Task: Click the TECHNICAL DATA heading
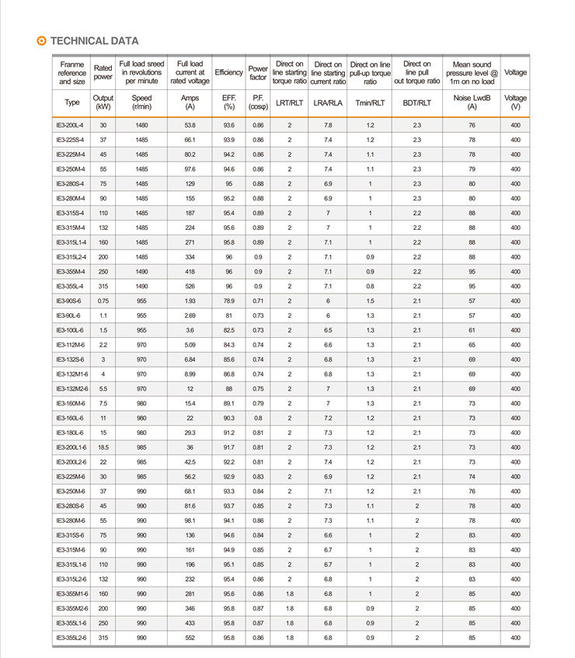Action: click(94, 41)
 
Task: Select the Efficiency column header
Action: click(228, 72)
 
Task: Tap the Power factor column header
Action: click(258, 72)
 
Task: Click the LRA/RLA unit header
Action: click(328, 103)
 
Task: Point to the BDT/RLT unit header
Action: click(416, 103)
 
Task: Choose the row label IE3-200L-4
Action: click(71, 125)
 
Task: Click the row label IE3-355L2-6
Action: click(72, 638)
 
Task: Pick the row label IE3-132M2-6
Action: click(72, 388)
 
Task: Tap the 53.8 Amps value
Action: click(190, 125)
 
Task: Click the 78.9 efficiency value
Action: click(228, 301)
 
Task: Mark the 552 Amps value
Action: click(190, 638)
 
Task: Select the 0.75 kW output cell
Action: click(103, 301)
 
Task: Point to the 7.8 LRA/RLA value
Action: click(328, 125)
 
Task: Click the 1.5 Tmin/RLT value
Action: click(370, 301)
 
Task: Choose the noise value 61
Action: click(472, 330)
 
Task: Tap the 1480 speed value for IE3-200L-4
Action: click(141, 125)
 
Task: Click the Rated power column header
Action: click(103, 72)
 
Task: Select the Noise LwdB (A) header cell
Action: click(472, 103)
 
